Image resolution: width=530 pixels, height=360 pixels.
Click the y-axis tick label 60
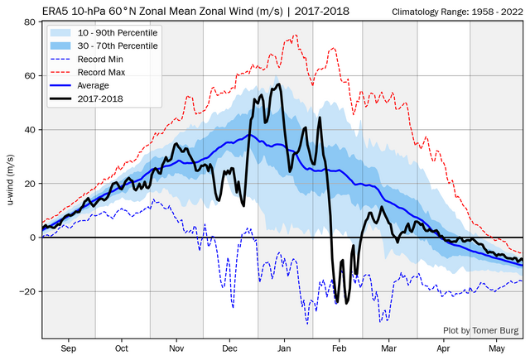pyautogui.click(x=31, y=76)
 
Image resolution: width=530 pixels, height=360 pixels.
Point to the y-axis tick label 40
pyautogui.click(x=31, y=130)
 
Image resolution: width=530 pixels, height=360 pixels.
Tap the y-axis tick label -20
pyautogui.click(x=29, y=291)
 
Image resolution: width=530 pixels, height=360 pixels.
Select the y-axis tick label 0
pyautogui.click(x=33, y=238)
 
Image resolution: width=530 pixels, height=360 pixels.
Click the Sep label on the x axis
pyautogui.click(x=68, y=348)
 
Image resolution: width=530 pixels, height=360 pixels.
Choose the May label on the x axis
pyautogui.click(x=498, y=348)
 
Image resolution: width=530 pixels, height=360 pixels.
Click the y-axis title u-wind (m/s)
pyautogui.click(x=11, y=181)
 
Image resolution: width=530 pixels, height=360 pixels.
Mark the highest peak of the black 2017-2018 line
pyautogui.click(x=279, y=84)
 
